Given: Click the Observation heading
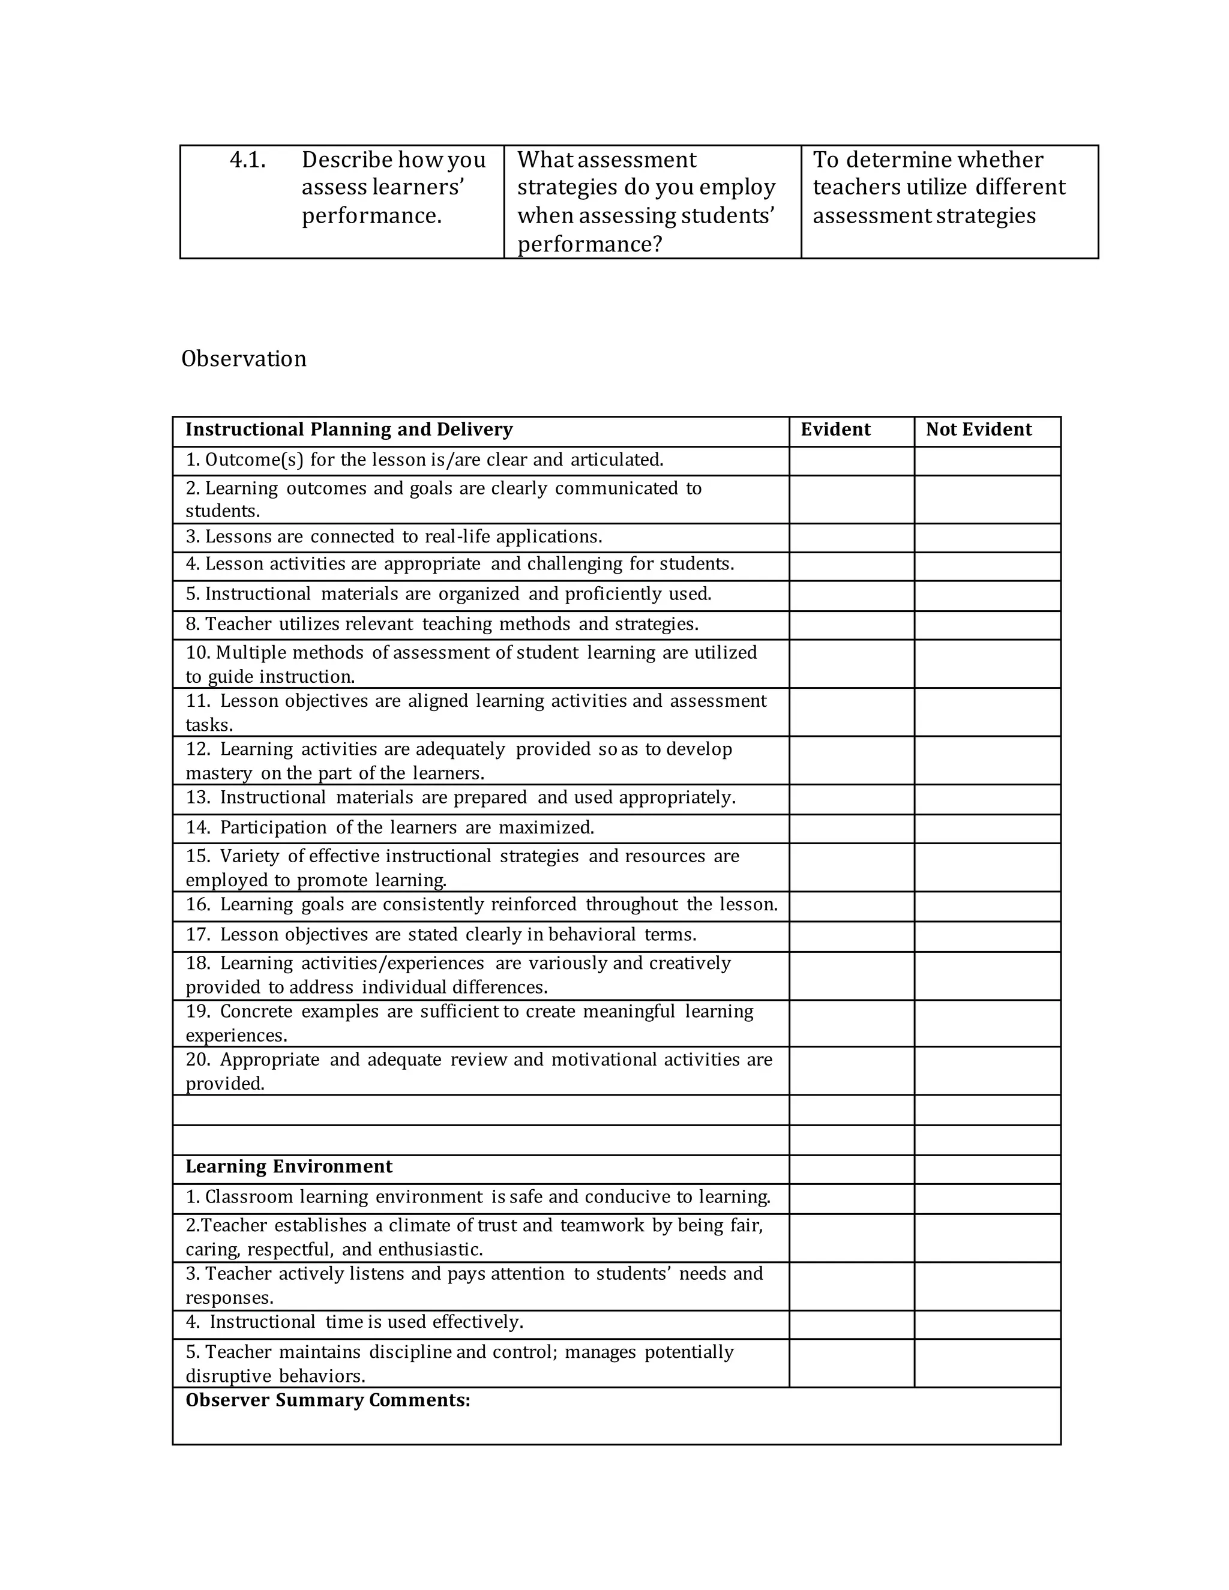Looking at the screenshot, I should [243, 359].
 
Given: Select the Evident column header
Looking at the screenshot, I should [835, 430].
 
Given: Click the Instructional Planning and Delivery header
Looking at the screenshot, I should [349, 430].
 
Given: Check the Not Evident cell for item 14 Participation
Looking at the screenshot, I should [987, 829].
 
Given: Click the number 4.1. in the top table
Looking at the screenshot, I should [248, 160].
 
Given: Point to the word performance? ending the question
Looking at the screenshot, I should [590, 244].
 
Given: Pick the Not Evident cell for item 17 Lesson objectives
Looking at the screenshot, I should [987, 935].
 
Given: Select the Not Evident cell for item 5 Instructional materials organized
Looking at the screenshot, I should [987, 596].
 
